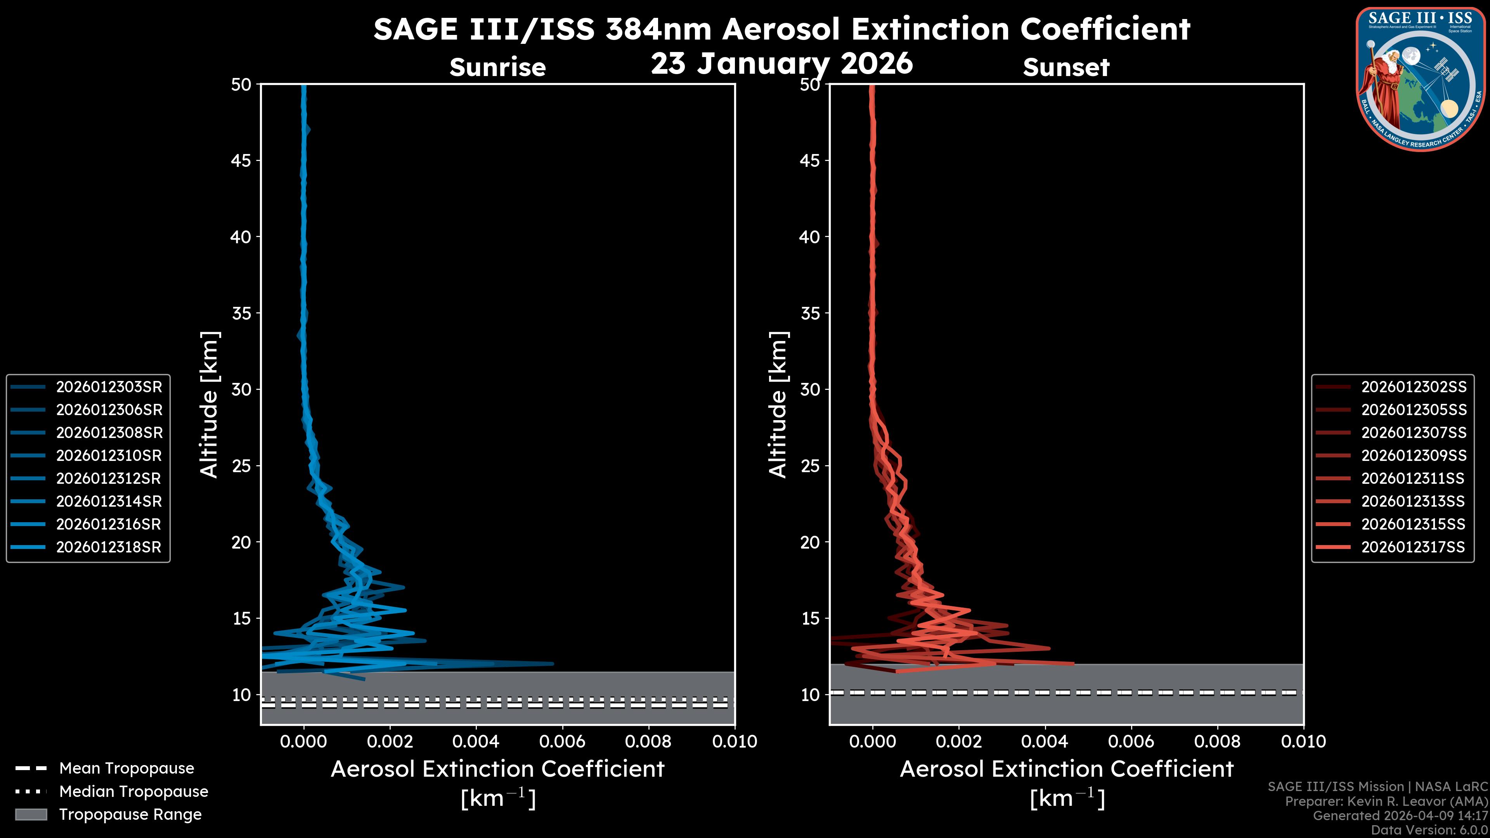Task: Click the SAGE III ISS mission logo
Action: (x=1421, y=79)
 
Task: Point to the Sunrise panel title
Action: (x=497, y=68)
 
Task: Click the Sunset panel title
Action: (x=1066, y=68)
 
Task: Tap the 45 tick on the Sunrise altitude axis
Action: (x=241, y=161)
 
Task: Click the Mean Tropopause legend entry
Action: (x=126, y=769)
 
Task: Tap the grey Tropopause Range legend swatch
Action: (x=31, y=815)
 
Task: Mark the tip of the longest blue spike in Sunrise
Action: (x=553, y=664)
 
